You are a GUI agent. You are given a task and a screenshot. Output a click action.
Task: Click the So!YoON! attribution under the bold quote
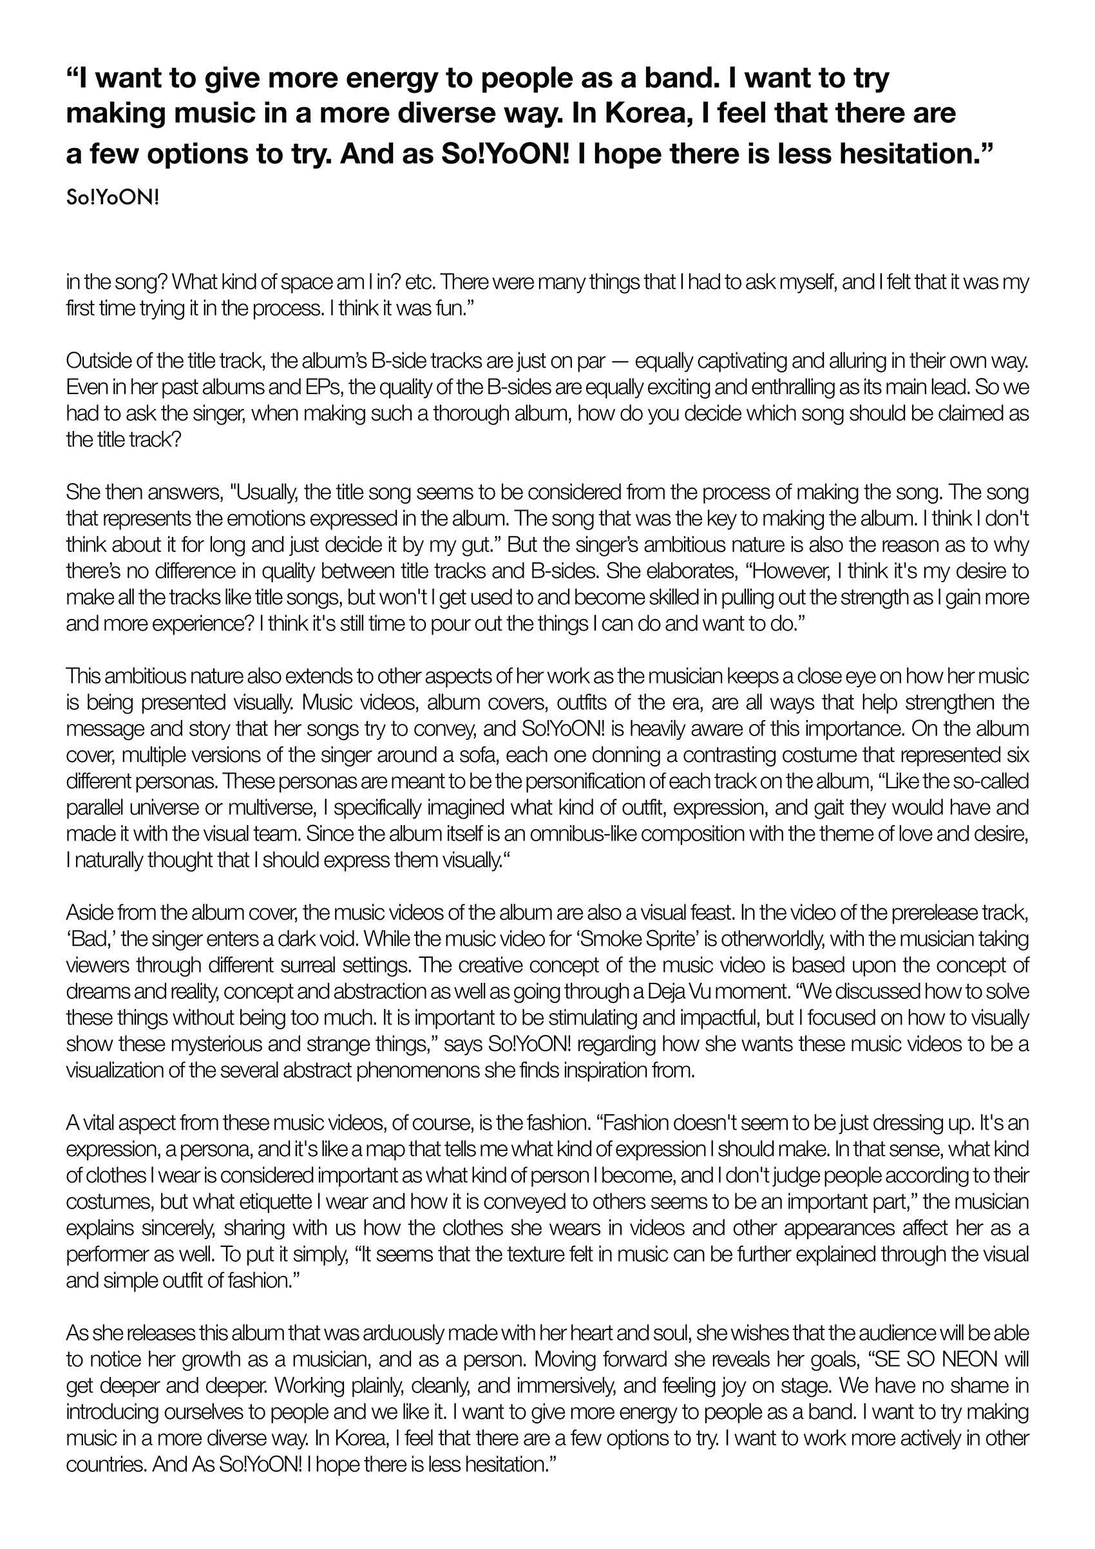pos(112,199)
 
